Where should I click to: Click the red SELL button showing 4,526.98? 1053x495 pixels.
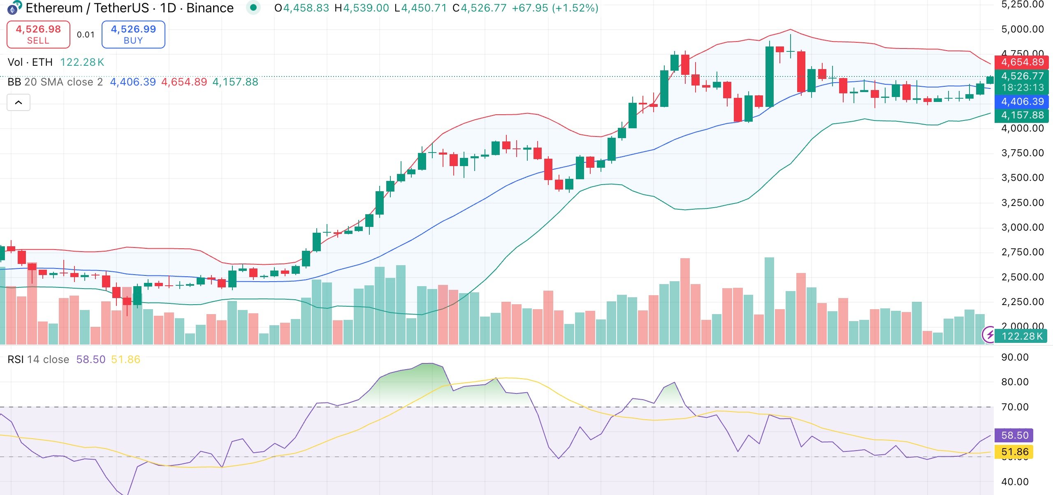click(38, 35)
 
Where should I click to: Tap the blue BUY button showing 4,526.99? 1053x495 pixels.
click(133, 35)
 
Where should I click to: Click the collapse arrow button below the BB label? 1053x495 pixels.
click(19, 102)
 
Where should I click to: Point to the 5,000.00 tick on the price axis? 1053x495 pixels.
click(1023, 29)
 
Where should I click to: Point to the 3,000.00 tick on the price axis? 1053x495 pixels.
click(1023, 227)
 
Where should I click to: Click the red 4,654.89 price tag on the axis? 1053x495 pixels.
click(1022, 62)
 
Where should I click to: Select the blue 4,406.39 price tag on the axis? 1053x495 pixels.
click(1022, 102)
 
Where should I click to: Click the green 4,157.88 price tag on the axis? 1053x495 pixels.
click(1022, 115)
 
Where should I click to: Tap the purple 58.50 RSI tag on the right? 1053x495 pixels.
click(1014, 435)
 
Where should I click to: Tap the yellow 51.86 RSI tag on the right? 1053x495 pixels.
click(1014, 452)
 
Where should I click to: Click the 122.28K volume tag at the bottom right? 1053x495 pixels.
click(1022, 336)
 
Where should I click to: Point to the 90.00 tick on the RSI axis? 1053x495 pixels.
click(1014, 357)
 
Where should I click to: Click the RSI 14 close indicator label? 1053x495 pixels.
click(38, 359)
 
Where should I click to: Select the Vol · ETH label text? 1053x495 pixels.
click(30, 62)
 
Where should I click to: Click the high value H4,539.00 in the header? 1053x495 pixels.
click(362, 8)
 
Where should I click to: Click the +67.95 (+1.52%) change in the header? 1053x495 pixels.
click(555, 8)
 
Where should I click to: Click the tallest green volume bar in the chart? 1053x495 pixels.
click(769, 300)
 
